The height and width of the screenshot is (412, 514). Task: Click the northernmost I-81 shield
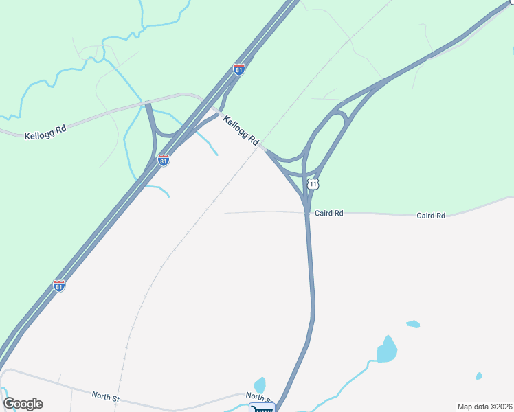(238, 69)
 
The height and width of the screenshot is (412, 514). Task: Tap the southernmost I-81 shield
(59, 286)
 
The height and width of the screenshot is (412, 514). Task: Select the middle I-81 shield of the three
(164, 160)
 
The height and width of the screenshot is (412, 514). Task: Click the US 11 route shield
(313, 184)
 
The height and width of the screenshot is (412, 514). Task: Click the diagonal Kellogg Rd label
(241, 130)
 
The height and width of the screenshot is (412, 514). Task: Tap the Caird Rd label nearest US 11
(328, 214)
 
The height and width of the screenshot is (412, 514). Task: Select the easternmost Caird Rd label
(431, 216)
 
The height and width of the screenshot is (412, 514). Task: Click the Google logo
(23, 404)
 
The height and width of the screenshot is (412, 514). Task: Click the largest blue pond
(387, 350)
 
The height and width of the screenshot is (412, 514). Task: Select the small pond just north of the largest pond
(413, 323)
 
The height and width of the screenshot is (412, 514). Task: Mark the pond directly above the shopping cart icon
(260, 385)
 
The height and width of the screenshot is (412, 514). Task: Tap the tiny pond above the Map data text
(478, 376)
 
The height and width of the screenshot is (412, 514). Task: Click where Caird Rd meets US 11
(306, 212)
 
